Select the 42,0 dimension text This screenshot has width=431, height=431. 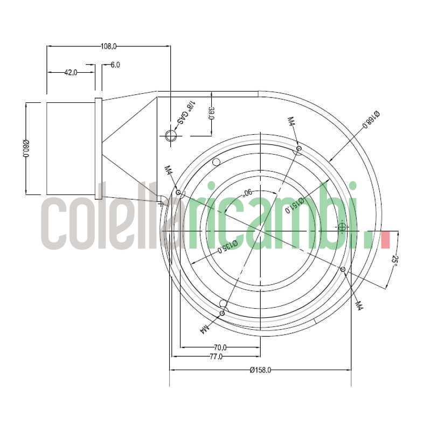pyautogui.click(x=71, y=72)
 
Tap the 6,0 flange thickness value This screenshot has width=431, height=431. pyautogui.click(x=115, y=65)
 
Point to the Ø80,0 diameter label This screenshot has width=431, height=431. pyautogui.click(x=25, y=149)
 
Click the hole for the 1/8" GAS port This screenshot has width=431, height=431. pyautogui.click(x=171, y=135)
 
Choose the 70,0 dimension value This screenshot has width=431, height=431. pyautogui.click(x=220, y=347)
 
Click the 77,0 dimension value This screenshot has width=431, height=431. pyautogui.click(x=215, y=356)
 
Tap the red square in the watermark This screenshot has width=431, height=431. pyautogui.click(x=385, y=240)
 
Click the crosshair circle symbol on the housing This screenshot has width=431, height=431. pyautogui.click(x=342, y=227)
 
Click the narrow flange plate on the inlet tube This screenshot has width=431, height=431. pyautogui.click(x=98, y=148)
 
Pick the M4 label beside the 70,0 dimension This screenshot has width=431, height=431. pyautogui.click(x=206, y=327)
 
